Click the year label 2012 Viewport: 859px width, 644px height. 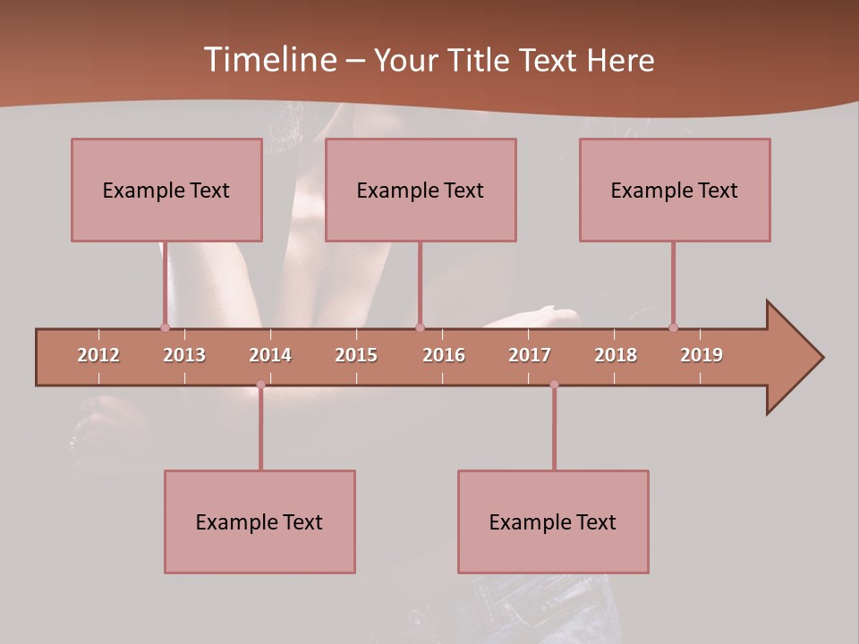(98, 355)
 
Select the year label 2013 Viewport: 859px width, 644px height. (184, 355)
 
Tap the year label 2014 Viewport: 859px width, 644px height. (270, 355)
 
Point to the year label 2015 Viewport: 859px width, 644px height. (356, 355)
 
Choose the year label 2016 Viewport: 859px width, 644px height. (444, 355)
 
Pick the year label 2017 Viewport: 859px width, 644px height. (530, 355)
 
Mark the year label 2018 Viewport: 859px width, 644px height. (616, 355)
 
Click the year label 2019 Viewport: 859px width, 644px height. (702, 355)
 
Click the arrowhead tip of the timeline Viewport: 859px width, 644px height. (821, 358)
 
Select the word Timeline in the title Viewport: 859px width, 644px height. (269, 60)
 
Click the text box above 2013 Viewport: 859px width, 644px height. (166, 190)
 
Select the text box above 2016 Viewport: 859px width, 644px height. (421, 190)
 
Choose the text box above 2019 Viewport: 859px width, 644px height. (675, 190)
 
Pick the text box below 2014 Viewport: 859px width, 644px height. (259, 521)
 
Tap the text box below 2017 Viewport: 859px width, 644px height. (553, 521)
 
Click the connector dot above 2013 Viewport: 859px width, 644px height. (165, 327)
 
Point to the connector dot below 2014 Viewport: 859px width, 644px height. (260, 385)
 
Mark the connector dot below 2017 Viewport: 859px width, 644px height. (554, 385)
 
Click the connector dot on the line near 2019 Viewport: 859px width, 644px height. (673, 327)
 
